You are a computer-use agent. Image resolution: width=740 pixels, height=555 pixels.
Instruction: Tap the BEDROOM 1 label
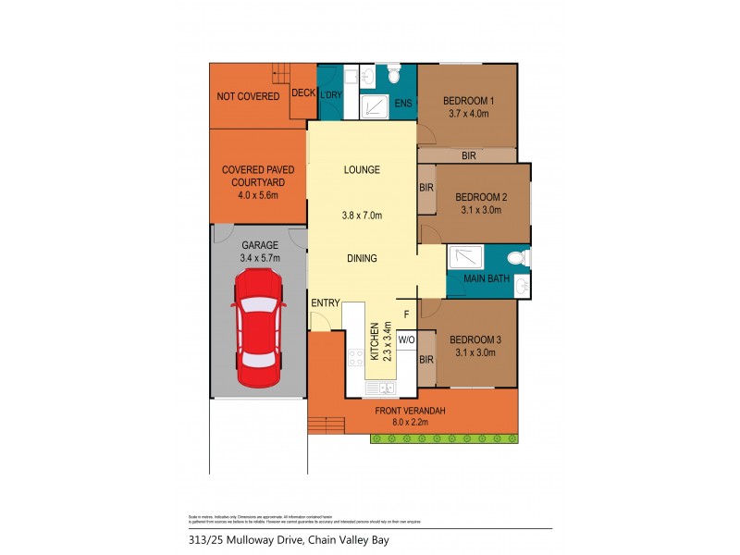(469, 101)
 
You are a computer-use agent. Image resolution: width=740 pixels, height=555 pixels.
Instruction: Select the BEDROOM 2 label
(480, 196)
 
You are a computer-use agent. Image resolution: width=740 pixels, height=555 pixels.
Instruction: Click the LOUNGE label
(362, 170)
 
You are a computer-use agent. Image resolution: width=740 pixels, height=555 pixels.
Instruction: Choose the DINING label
(362, 259)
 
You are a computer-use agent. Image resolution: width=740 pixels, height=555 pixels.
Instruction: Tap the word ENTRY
(325, 302)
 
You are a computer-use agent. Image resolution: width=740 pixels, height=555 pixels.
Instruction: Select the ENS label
(403, 103)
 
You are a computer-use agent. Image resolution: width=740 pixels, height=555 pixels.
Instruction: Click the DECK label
(302, 92)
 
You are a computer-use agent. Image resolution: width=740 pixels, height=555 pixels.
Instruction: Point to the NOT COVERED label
(247, 96)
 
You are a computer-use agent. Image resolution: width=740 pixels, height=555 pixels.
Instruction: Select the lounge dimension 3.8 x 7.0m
(362, 216)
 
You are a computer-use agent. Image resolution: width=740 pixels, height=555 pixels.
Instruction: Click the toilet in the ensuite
(393, 71)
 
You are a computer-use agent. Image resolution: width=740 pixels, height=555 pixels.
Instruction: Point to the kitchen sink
(380, 388)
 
